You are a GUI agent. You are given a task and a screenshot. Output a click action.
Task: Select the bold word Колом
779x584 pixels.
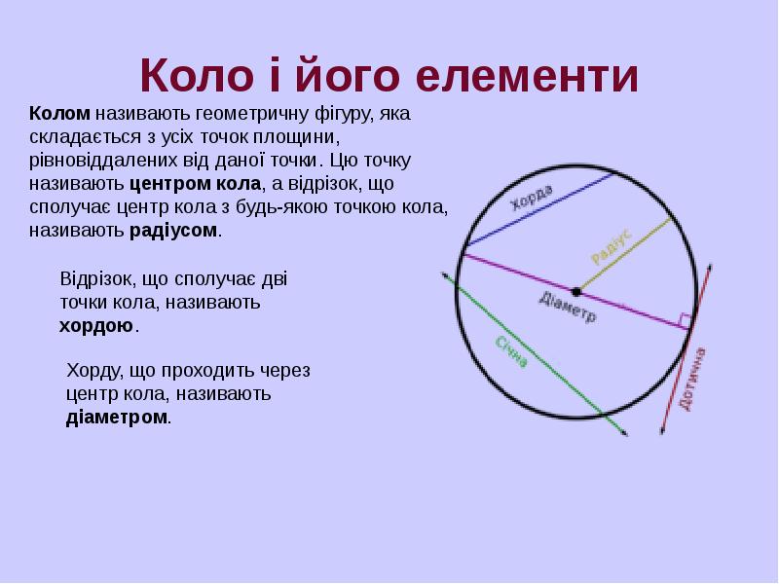[x=59, y=114]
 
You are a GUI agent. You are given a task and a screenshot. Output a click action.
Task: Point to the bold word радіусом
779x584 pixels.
[x=173, y=231]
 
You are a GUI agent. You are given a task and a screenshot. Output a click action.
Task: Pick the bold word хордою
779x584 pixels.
[x=95, y=325]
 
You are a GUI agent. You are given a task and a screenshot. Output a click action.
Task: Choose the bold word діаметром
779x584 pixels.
[x=117, y=418]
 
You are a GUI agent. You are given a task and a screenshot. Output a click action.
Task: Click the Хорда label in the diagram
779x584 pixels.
[x=532, y=197]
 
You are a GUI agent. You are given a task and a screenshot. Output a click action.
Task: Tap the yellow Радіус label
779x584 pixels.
[x=612, y=245]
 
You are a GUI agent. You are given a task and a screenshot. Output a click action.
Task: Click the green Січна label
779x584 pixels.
[x=512, y=351]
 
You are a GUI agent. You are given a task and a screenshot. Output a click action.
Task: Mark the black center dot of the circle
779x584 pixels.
[x=576, y=291]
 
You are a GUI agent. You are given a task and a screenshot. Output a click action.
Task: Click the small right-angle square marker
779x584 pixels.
[x=686, y=320]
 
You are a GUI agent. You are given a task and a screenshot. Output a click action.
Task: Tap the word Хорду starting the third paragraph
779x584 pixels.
[x=93, y=371]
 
